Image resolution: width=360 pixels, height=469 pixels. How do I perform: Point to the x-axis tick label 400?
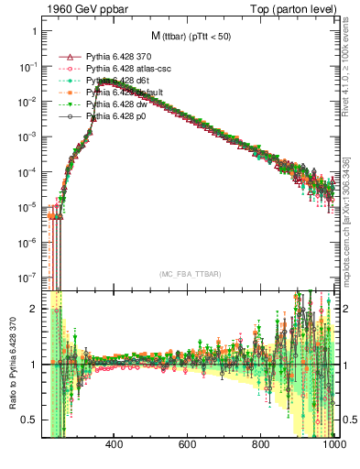(115, 445)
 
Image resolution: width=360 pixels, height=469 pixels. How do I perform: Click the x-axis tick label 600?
(188, 445)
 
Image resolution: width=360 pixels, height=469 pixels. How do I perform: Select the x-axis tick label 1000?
(332, 445)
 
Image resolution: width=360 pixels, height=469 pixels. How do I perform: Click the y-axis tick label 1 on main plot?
(33, 31)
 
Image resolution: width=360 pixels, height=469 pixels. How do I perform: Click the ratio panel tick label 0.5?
(29, 420)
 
